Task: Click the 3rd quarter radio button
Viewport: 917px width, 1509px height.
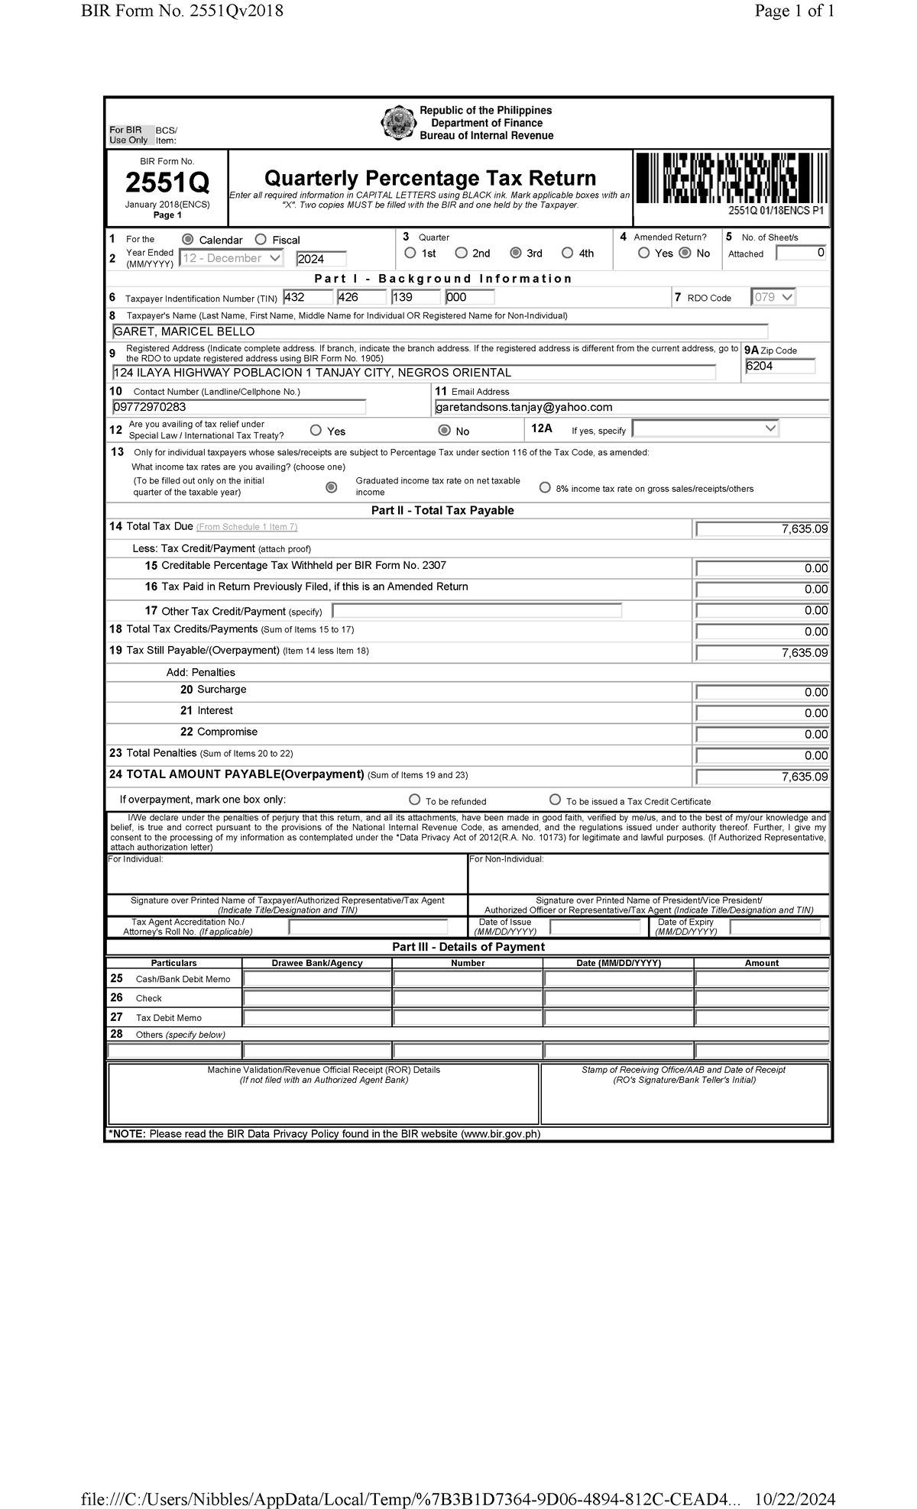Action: click(516, 253)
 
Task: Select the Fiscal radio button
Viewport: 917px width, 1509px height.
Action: click(261, 240)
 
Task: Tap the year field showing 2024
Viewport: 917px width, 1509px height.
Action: click(321, 259)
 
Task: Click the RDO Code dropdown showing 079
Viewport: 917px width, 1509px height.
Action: click(773, 297)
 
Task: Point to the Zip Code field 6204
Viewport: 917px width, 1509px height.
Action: click(779, 367)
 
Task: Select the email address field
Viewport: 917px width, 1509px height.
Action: click(630, 407)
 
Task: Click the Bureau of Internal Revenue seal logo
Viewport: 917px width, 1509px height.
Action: click(397, 124)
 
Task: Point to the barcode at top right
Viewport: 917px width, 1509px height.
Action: click(731, 178)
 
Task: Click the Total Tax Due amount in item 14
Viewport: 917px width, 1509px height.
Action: click(762, 528)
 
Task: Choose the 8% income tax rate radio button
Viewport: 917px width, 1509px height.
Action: click(545, 487)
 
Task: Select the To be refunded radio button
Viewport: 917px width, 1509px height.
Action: click(415, 800)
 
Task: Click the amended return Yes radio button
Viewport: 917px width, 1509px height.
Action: click(644, 253)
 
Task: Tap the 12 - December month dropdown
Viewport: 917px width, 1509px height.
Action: click(231, 258)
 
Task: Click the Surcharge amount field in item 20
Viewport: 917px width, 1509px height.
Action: click(762, 692)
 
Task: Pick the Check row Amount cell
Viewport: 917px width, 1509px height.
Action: click(761, 998)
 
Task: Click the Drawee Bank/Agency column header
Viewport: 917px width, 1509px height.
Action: click(317, 963)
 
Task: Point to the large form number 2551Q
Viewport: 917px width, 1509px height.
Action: click(167, 183)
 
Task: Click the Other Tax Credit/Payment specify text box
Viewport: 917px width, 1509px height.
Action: click(477, 611)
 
